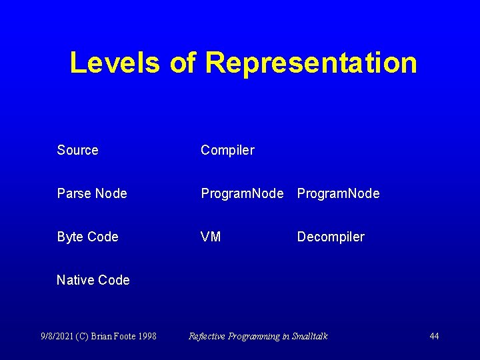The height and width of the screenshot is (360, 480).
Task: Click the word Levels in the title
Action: (x=114, y=63)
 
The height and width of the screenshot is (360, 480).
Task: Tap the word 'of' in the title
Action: (x=182, y=63)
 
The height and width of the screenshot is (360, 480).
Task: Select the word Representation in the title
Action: (x=311, y=63)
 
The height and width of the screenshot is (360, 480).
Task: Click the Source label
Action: (x=77, y=150)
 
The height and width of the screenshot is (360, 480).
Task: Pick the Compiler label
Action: (x=227, y=150)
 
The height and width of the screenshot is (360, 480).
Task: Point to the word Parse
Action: (x=74, y=193)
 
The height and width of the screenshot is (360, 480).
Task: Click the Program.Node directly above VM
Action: (x=242, y=193)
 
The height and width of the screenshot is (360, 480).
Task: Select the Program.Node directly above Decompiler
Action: (x=338, y=193)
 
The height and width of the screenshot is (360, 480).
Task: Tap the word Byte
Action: (x=71, y=237)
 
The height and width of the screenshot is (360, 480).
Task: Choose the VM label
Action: (x=211, y=237)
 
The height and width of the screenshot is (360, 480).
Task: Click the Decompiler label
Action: (x=331, y=237)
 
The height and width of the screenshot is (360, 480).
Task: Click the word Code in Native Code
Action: (x=114, y=280)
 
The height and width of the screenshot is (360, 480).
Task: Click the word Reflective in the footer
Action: (x=207, y=336)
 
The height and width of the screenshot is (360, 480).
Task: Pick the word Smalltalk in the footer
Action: (x=310, y=336)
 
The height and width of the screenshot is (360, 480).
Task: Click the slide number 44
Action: (x=434, y=336)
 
